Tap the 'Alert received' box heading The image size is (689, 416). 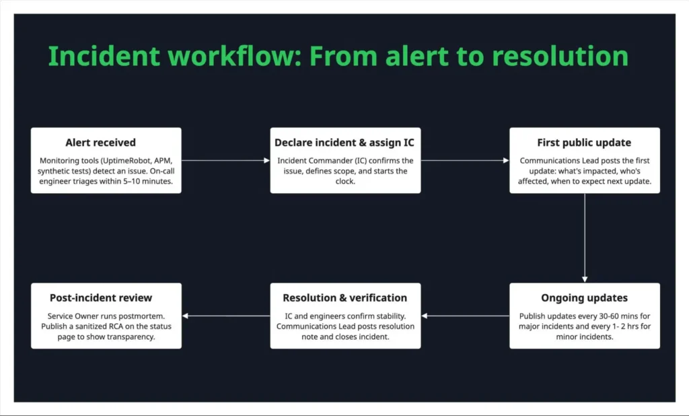(100, 143)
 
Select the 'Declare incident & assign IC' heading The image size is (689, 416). (344, 143)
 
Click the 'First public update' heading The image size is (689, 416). (584, 143)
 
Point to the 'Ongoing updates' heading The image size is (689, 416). (584, 298)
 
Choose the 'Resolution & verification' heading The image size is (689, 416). (344, 298)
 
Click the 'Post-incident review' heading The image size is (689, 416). (101, 298)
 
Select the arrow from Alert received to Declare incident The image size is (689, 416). (225, 160)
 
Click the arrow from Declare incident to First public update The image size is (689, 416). (465, 160)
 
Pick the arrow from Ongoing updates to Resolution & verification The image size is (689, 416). (465, 315)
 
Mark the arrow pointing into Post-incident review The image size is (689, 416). (225, 315)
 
